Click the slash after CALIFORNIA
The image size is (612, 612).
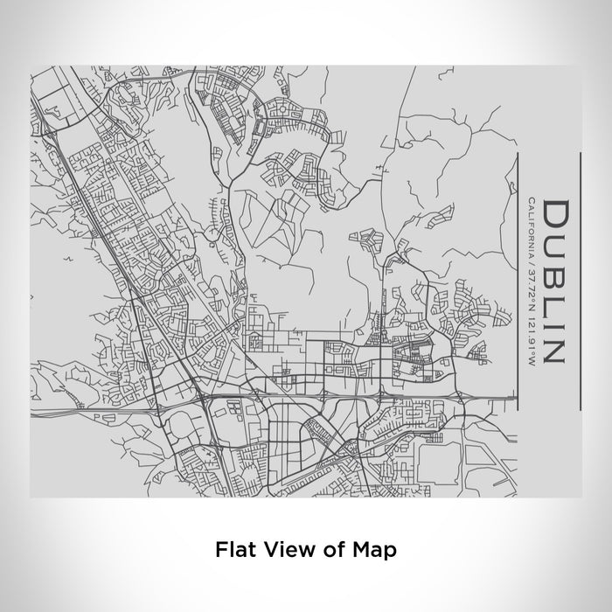tap(531, 262)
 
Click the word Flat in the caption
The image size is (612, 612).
tap(233, 550)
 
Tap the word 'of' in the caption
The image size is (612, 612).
tap(328, 550)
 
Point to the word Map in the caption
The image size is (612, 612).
tap(372, 550)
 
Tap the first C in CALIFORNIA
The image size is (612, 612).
tap(531, 203)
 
